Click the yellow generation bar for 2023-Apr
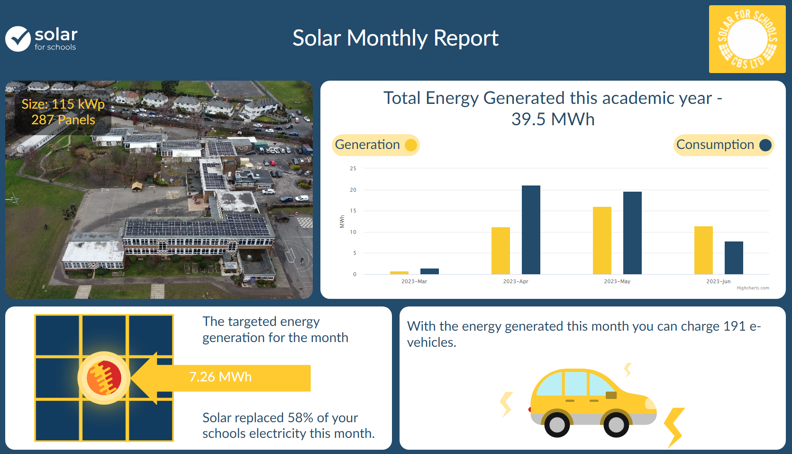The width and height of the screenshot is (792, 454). [x=501, y=250]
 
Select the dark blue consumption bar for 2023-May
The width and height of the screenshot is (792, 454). [x=633, y=233]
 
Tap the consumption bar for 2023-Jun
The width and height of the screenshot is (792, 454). [x=734, y=258]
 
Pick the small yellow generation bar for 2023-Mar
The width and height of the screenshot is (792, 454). [x=399, y=273]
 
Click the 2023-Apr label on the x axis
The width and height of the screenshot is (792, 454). [x=516, y=281]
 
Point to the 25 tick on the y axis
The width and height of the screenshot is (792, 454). [x=353, y=168]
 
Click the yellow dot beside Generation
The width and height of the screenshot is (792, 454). [x=411, y=145]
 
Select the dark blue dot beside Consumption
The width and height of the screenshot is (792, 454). [x=765, y=145]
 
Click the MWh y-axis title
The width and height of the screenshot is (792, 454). [x=342, y=222]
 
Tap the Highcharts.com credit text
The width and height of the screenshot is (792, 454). [x=753, y=288]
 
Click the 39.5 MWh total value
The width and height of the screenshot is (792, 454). [x=553, y=119]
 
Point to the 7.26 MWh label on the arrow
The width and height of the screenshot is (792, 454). [x=220, y=377]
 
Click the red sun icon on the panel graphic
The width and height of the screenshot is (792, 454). [x=104, y=378]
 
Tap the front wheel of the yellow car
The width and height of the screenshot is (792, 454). [x=616, y=424]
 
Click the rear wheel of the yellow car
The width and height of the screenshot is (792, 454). [x=557, y=424]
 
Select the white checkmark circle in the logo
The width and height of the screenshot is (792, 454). [x=18, y=39]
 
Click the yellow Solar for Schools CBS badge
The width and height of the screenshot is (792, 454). [x=747, y=39]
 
